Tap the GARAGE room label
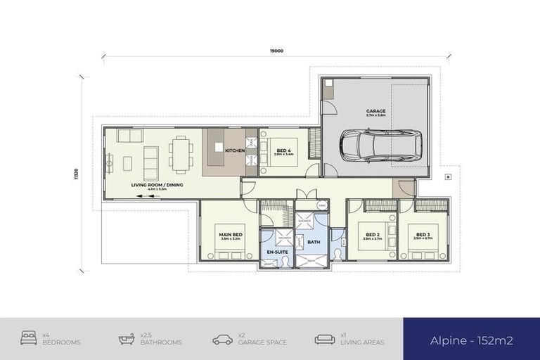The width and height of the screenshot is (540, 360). point(375,111)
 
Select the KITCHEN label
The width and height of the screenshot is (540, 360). point(234,150)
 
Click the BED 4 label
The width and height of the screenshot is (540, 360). point(283,150)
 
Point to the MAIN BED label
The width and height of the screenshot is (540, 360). point(231,235)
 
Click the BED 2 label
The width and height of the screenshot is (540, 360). point(372,235)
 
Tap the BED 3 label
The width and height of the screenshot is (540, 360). point(422,235)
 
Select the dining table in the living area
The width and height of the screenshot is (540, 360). point(181,154)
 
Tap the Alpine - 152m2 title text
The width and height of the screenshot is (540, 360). point(471,340)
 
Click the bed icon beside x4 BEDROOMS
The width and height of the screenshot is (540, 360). point(30,339)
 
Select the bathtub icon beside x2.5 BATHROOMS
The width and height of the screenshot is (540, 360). point(127,339)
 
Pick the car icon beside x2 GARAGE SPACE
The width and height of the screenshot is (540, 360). point(222,339)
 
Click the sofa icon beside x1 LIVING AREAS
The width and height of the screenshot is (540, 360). point(324,339)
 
